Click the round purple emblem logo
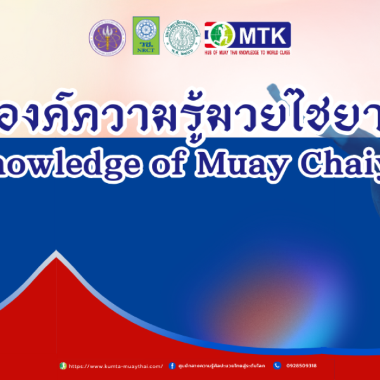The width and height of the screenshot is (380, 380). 107,37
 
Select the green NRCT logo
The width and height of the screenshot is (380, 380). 146,36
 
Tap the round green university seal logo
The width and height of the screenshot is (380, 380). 184,37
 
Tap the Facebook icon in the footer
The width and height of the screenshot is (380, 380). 172,366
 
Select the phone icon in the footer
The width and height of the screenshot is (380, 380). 277,366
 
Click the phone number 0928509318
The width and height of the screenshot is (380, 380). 301,366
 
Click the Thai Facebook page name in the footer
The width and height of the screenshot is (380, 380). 222,366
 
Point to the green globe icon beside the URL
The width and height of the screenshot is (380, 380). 63,366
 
